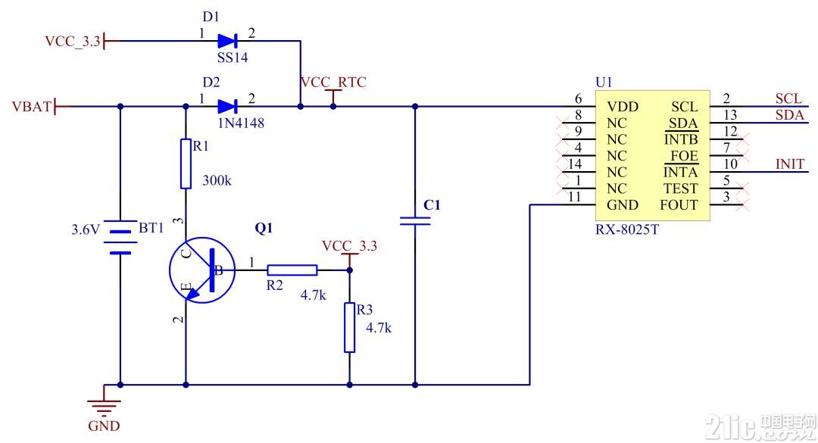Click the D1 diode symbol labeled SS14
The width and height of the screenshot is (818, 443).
click(x=227, y=41)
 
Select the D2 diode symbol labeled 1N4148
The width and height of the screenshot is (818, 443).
click(x=227, y=107)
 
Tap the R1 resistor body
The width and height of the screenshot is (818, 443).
click(x=186, y=164)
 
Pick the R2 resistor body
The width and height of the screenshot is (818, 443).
click(x=292, y=270)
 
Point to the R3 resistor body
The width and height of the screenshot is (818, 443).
click(x=349, y=328)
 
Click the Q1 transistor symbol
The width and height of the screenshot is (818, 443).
click(x=202, y=270)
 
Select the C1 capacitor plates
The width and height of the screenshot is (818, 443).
click(x=415, y=220)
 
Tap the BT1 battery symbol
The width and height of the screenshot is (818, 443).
click(x=120, y=238)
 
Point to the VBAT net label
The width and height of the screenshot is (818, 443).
click(x=31, y=107)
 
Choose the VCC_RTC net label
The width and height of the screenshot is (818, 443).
click(x=333, y=83)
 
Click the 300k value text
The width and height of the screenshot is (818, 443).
click(x=217, y=180)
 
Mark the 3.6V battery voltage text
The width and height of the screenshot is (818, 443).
click(x=85, y=229)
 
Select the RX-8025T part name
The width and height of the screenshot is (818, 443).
click(x=627, y=229)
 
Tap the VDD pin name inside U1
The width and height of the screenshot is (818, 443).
click(x=623, y=107)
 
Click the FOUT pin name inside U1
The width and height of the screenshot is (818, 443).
click(x=679, y=205)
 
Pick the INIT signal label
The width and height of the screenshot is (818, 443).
click(x=790, y=164)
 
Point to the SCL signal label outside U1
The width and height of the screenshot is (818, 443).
click(x=788, y=98)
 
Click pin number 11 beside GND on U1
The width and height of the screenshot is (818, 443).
click(x=574, y=197)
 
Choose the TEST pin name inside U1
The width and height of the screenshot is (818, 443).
click(x=680, y=189)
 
